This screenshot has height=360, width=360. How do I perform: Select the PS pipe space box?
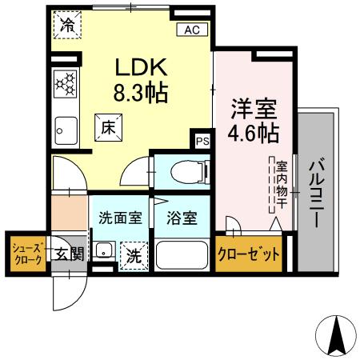click(202, 142)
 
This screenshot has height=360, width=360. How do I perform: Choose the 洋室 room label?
click(254, 108)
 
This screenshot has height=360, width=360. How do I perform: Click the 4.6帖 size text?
click(254, 133)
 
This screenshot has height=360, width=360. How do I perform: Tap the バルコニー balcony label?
click(314, 193)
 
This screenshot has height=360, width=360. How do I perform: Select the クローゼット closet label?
click(249, 255)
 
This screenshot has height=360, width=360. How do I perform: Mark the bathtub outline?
click(181, 255)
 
